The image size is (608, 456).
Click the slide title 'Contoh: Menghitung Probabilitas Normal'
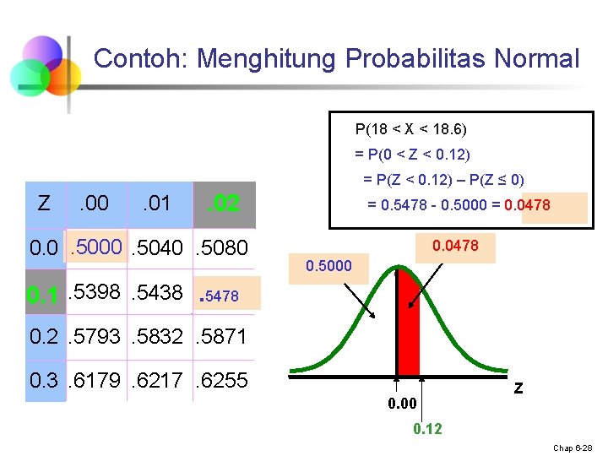point(336,59)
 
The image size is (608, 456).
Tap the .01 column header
point(156,204)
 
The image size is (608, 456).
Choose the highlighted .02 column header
point(224,204)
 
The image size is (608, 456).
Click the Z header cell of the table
point(44,204)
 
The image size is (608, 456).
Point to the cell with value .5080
point(222,247)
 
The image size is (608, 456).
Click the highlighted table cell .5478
point(222,295)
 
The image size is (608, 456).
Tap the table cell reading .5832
point(158,336)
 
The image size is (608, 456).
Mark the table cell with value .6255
point(222,381)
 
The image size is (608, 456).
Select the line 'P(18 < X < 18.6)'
point(410,129)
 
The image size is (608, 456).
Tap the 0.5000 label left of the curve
point(328,266)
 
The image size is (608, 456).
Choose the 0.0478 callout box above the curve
point(455,246)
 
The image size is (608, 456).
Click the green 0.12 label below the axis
point(427,429)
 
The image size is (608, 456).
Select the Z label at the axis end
point(518,389)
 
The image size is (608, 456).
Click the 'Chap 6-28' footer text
point(574,447)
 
